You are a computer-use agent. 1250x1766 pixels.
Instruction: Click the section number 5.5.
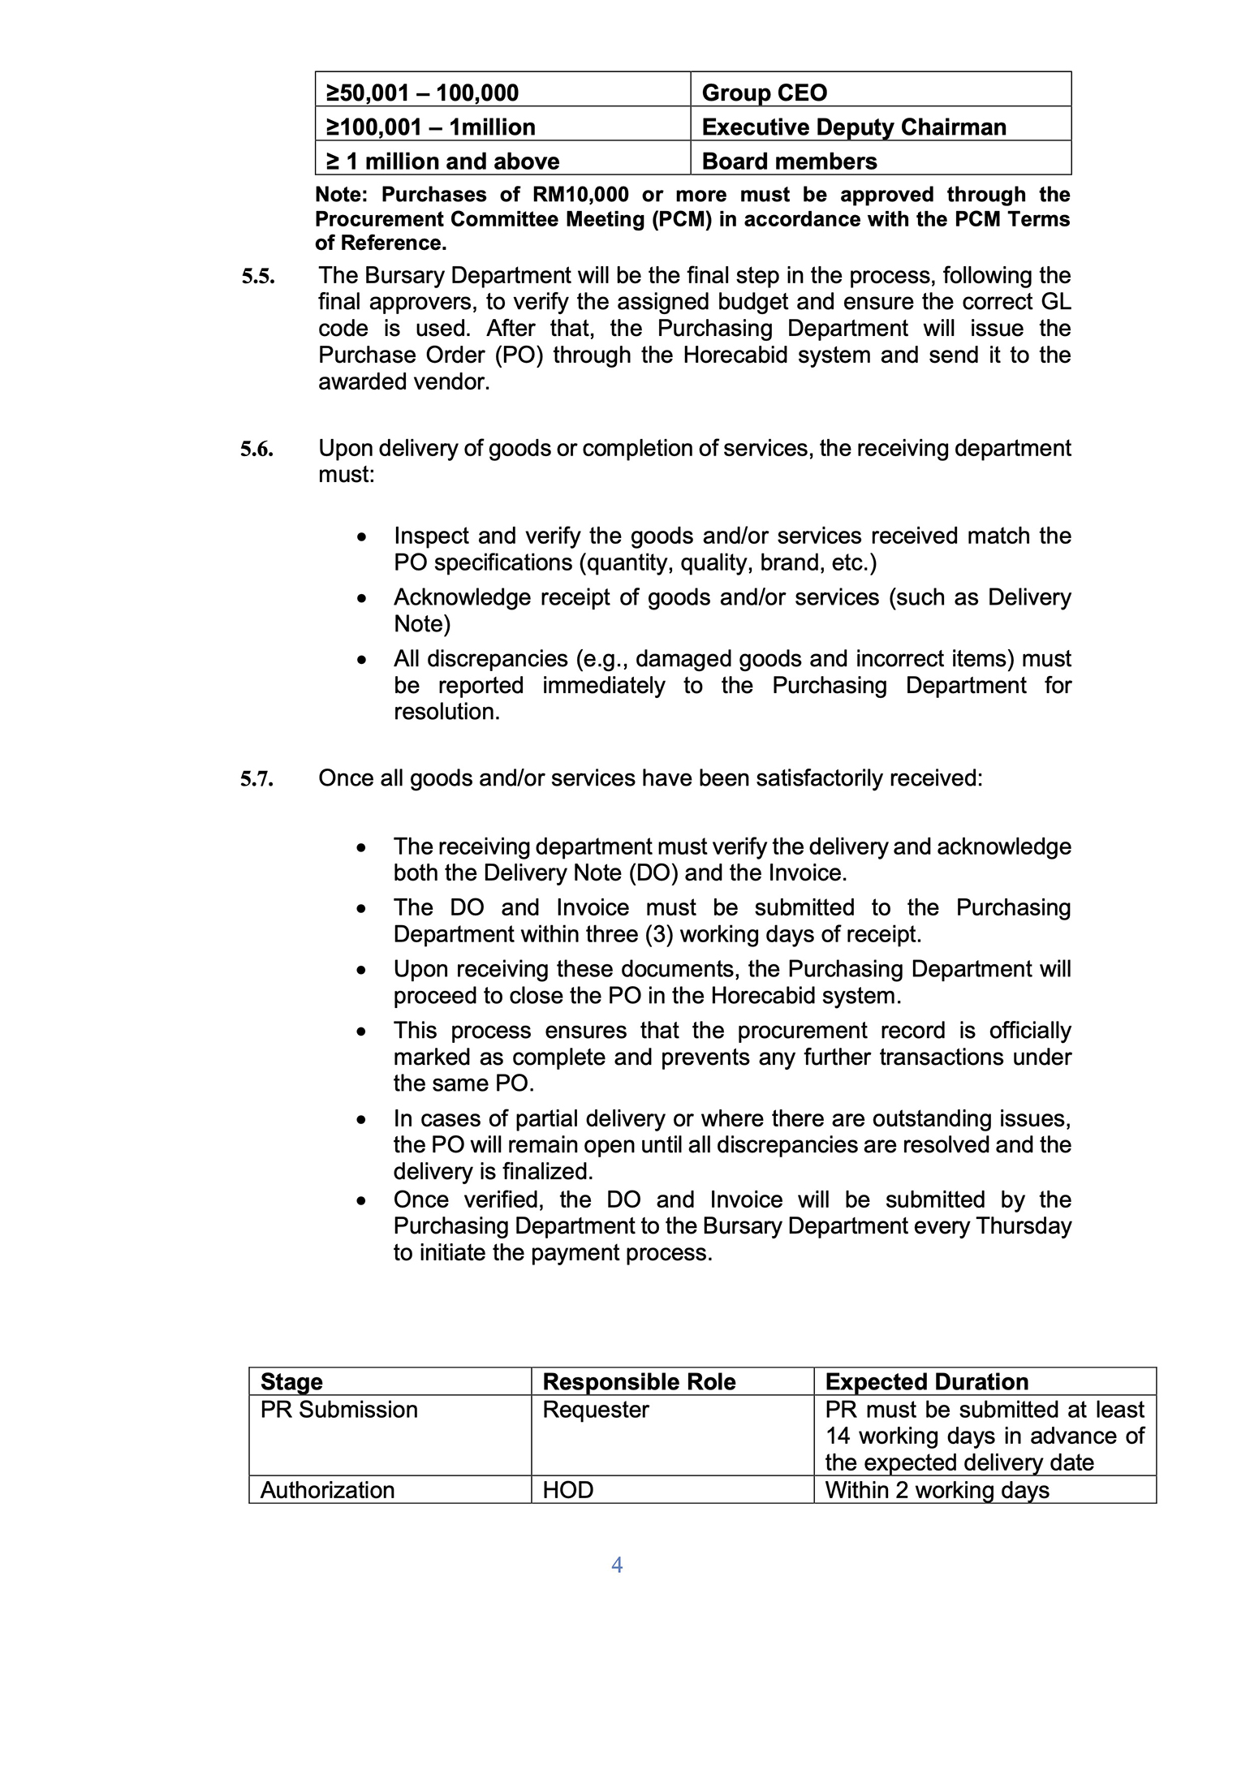(257, 277)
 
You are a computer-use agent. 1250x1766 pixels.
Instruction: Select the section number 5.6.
(256, 449)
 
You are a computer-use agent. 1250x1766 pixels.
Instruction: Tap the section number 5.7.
(256, 779)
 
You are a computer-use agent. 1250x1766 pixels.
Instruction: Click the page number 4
(617, 1565)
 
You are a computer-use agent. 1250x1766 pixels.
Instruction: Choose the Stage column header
(291, 1381)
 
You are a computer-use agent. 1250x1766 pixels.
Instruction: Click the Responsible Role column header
(639, 1381)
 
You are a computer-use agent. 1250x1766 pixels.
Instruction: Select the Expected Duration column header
(926, 1381)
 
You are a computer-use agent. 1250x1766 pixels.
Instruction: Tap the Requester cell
(595, 1410)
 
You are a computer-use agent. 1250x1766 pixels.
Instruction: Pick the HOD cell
(567, 1490)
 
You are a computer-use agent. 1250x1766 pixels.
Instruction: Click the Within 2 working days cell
(937, 1490)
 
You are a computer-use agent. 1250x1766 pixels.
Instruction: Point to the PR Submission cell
(338, 1410)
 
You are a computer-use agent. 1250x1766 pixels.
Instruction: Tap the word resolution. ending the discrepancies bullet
(446, 712)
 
